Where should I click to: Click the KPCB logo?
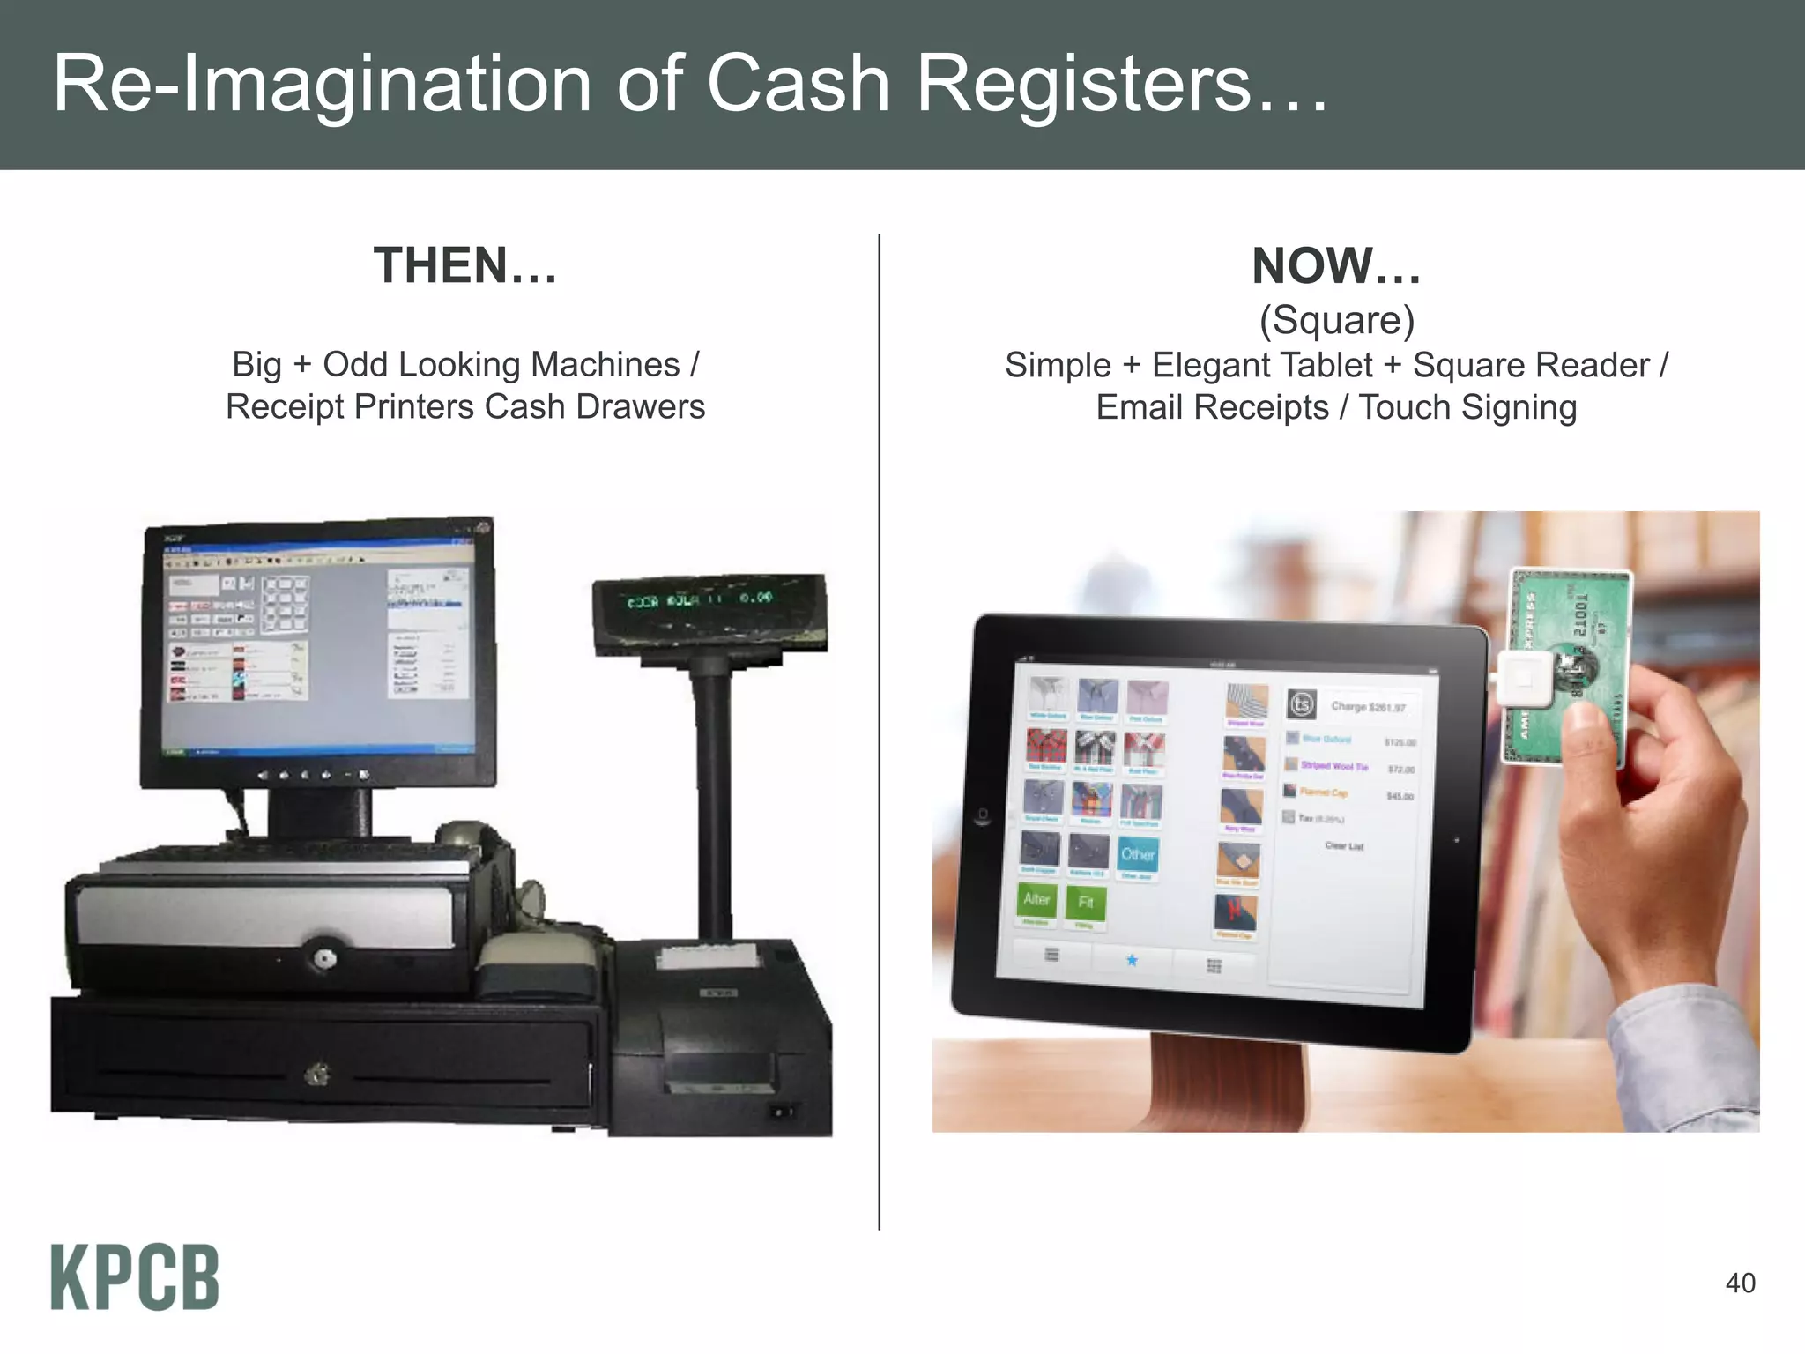[x=134, y=1277]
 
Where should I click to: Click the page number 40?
[x=1740, y=1283]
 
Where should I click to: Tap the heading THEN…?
[x=465, y=265]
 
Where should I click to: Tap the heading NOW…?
[x=1336, y=265]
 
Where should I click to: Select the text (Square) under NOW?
[x=1336, y=319]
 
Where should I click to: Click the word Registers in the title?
[x=1082, y=84]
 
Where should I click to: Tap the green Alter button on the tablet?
[x=1036, y=900]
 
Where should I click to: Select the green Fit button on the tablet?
[x=1085, y=903]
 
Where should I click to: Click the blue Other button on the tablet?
[x=1138, y=854]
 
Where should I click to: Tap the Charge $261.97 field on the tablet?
[x=1368, y=706]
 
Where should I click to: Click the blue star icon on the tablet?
[x=1132, y=960]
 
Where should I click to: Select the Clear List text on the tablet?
[x=1344, y=846]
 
